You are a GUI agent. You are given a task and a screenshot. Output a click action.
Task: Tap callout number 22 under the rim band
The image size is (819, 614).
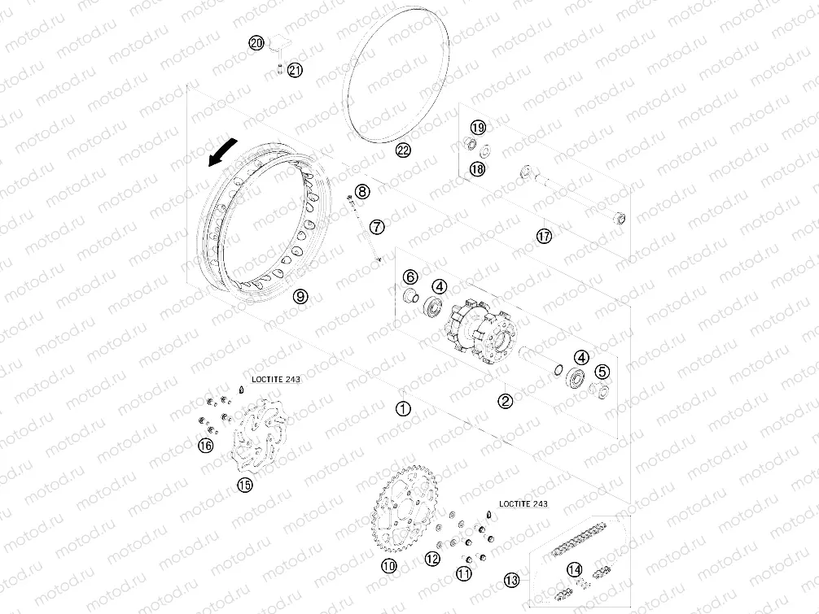click(x=403, y=150)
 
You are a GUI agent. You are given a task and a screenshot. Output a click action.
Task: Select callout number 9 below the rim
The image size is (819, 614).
click(x=300, y=296)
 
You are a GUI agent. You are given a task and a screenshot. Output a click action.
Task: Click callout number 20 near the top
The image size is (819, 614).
click(x=256, y=43)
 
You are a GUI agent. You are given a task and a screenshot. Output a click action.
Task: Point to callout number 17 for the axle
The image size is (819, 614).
click(x=545, y=236)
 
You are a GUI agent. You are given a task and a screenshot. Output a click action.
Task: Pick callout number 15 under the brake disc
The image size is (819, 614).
click(x=244, y=485)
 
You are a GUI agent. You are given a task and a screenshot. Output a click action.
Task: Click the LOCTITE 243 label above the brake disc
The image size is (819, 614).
click(x=276, y=379)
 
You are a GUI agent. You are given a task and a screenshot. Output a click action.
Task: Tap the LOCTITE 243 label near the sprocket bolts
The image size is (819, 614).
click(x=523, y=504)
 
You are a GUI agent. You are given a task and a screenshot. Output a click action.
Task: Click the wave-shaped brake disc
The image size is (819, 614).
click(x=260, y=438)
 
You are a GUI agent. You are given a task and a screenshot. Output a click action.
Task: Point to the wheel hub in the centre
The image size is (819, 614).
click(x=480, y=332)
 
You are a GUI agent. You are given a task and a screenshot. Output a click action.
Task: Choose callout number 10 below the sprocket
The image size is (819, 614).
click(x=389, y=565)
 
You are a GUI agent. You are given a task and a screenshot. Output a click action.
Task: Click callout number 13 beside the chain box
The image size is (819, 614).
click(x=512, y=579)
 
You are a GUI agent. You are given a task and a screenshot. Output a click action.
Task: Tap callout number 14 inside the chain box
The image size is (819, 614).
click(x=575, y=569)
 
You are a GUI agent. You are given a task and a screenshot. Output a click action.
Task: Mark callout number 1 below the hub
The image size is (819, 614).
click(x=403, y=408)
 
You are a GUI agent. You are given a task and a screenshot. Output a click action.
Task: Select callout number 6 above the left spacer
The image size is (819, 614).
click(x=410, y=277)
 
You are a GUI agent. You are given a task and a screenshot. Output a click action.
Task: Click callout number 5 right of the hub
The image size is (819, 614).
click(x=602, y=372)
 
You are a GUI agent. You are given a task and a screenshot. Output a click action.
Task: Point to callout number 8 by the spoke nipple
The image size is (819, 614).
click(x=362, y=191)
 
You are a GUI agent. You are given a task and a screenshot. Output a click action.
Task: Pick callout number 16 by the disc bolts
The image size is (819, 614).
click(x=206, y=445)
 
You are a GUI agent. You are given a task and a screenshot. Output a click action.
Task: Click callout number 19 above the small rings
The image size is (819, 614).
click(x=477, y=127)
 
